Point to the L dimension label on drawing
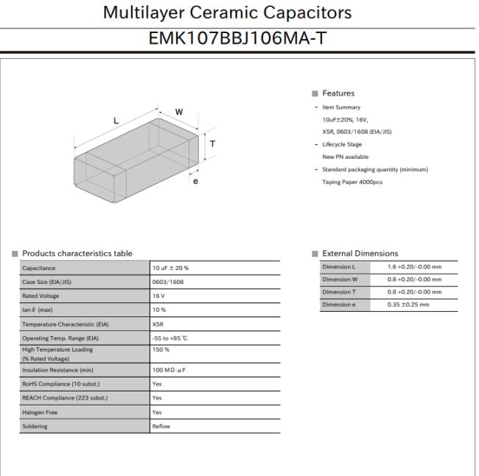pyautogui.click(x=116, y=120)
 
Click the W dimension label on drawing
pyautogui.click(x=178, y=112)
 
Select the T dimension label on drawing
pyautogui.click(x=213, y=143)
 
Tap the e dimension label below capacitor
pyautogui.click(x=195, y=181)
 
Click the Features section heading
pyautogui.click(x=338, y=93)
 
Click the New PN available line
pyautogui.click(x=346, y=157)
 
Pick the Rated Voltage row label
pyautogui.click(x=43, y=296)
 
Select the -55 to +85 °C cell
pyautogui.click(x=172, y=338)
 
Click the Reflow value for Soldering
pyautogui.click(x=161, y=426)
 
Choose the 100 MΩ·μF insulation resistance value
pyautogui.click(x=170, y=370)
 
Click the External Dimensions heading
pyautogui.click(x=360, y=254)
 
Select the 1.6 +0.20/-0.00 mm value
pyautogui.click(x=414, y=266)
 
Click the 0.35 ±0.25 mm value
pyautogui.click(x=408, y=305)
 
